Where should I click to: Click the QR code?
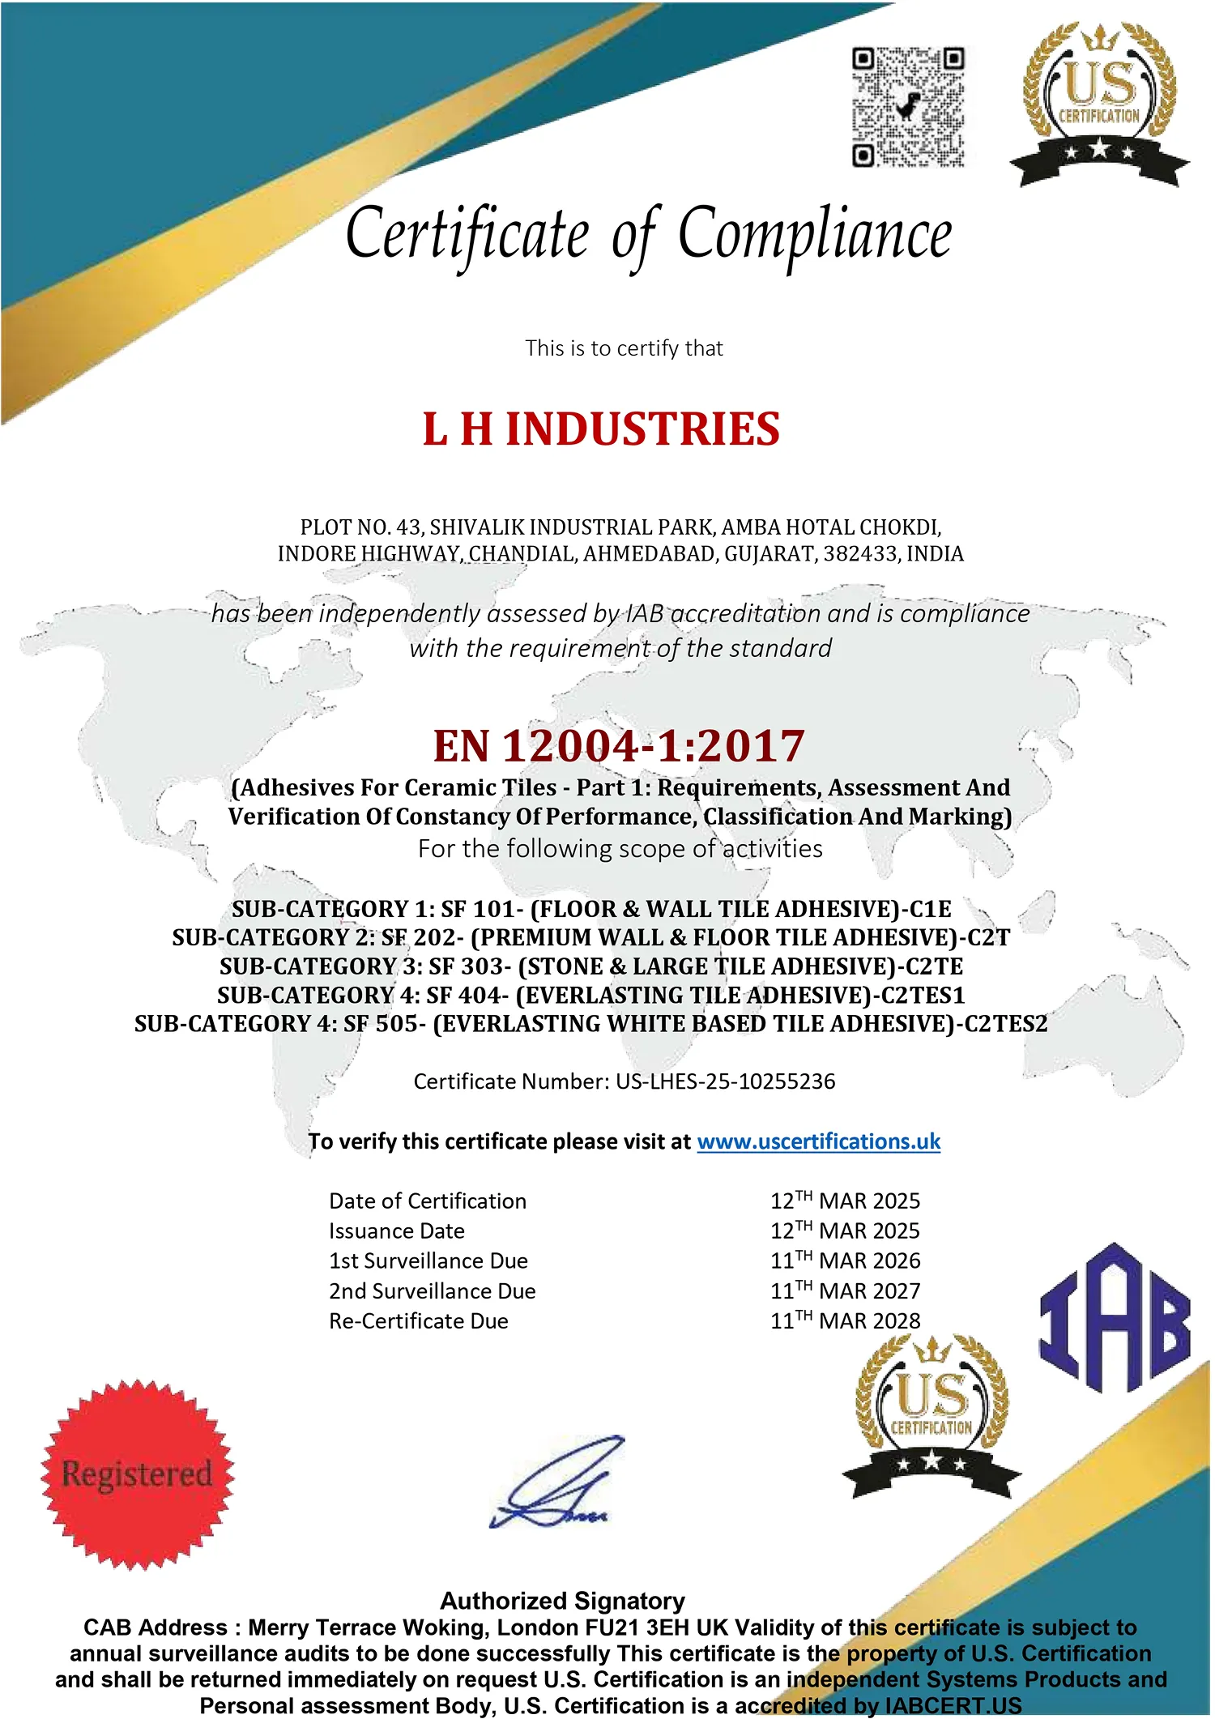(908, 108)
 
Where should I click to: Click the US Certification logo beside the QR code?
(1099, 104)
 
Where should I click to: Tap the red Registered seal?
(138, 1474)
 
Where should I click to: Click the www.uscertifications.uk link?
(818, 1141)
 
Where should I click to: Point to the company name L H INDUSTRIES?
(601, 429)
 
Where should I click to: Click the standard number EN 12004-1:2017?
(619, 746)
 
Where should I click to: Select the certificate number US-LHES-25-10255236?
(725, 1081)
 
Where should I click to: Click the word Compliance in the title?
(814, 235)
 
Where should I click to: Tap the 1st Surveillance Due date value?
(845, 1260)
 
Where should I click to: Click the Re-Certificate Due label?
(418, 1321)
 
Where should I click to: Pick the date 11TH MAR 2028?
(845, 1321)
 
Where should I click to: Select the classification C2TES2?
(1005, 1024)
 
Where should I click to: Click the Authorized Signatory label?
(562, 1601)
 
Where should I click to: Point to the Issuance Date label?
(396, 1231)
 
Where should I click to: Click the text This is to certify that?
(623, 348)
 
